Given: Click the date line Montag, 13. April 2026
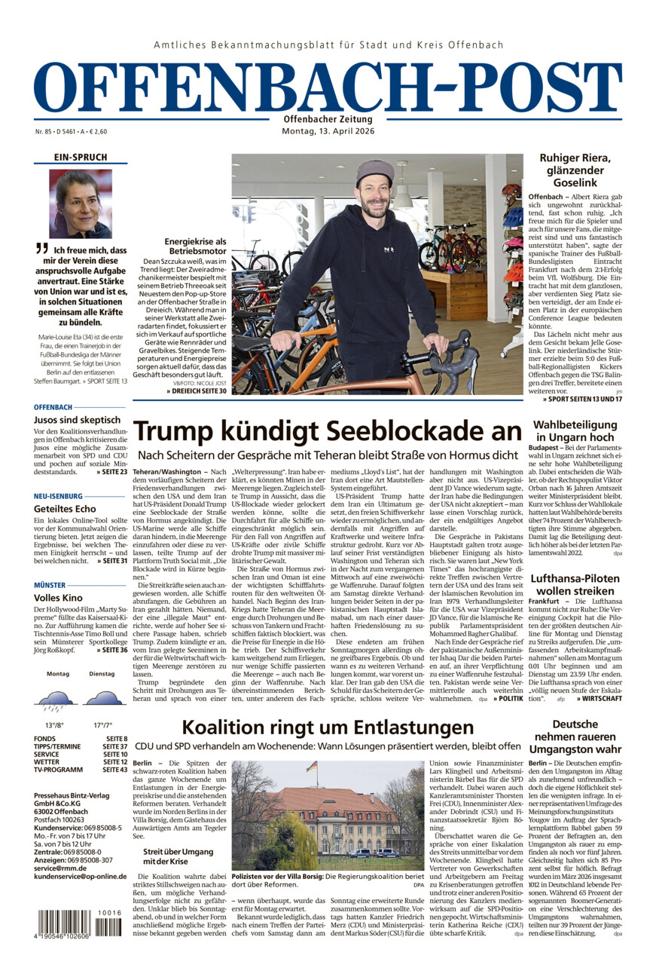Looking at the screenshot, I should [328, 131].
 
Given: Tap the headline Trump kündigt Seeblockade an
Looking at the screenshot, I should [328, 432].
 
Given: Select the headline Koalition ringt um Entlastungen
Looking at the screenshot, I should [328, 727].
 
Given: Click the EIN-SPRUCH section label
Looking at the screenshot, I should [81, 158].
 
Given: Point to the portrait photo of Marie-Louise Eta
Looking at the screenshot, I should [81, 204].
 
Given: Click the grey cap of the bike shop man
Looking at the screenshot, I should [375, 172].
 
